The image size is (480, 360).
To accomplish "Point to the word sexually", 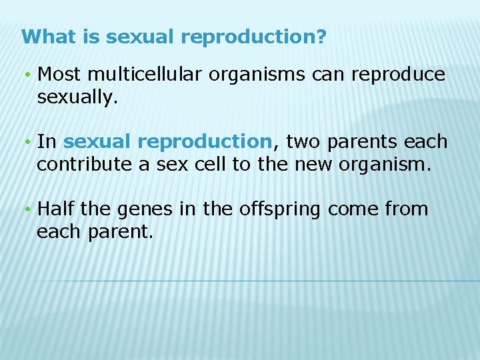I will [77, 98].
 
